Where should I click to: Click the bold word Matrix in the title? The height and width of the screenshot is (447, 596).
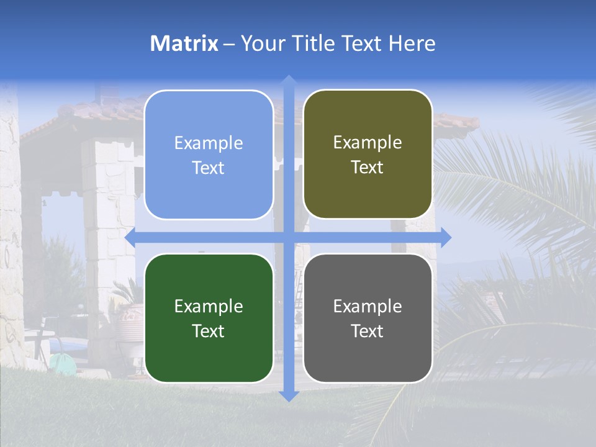(x=184, y=43)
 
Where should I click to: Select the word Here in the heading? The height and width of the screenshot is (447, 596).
(x=412, y=43)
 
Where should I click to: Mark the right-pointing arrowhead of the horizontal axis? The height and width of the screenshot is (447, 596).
(x=445, y=237)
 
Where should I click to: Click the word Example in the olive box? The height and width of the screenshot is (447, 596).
(x=368, y=143)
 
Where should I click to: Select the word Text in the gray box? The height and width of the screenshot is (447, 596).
(x=368, y=331)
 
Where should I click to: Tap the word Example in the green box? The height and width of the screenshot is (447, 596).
(x=209, y=306)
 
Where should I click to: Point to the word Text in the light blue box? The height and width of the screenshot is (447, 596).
(x=209, y=168)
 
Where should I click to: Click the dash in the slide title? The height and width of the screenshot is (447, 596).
(x=229, y=44)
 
